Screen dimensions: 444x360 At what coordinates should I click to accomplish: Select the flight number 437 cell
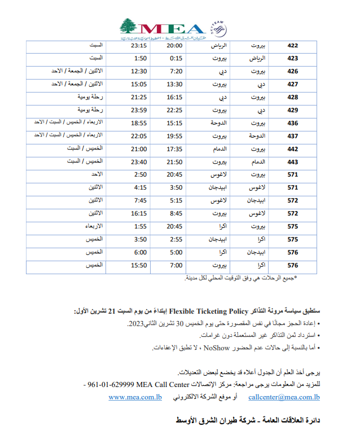pyautogui.click(x=292, y=135)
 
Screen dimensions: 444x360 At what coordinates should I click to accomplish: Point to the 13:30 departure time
pyautogui.click(x=175, y=83)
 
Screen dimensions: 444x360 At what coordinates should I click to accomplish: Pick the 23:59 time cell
pyautogui.click(x=139, y=109)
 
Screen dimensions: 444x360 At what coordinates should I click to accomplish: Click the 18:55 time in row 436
pyautogui.click(x=139, y=122)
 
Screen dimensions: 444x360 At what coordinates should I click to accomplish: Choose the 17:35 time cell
pyautogui.click(x=175, y=148)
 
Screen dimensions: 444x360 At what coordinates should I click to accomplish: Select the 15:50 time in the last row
pyautogui.click(x=139, y=265)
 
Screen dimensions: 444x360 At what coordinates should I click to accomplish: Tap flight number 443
pyautogui.click(x=292, y=161)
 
